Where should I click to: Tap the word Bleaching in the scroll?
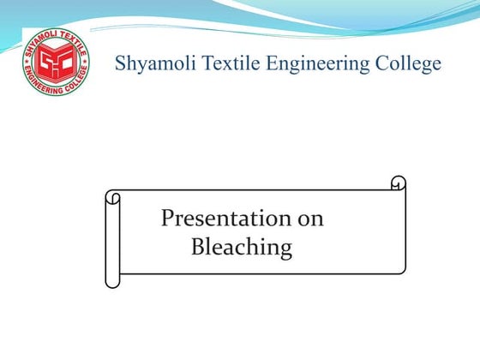tap(241, 249)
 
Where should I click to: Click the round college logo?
tap(55, 62)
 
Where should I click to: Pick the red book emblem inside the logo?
tap(55, 62)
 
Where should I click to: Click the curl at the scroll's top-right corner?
tap(398, 183)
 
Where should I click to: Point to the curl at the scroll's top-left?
tap(112, 197)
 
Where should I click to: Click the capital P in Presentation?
tap(168, 218)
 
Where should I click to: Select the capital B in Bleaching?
tap(197, 248)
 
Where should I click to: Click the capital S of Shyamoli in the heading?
tap(121, 63)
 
